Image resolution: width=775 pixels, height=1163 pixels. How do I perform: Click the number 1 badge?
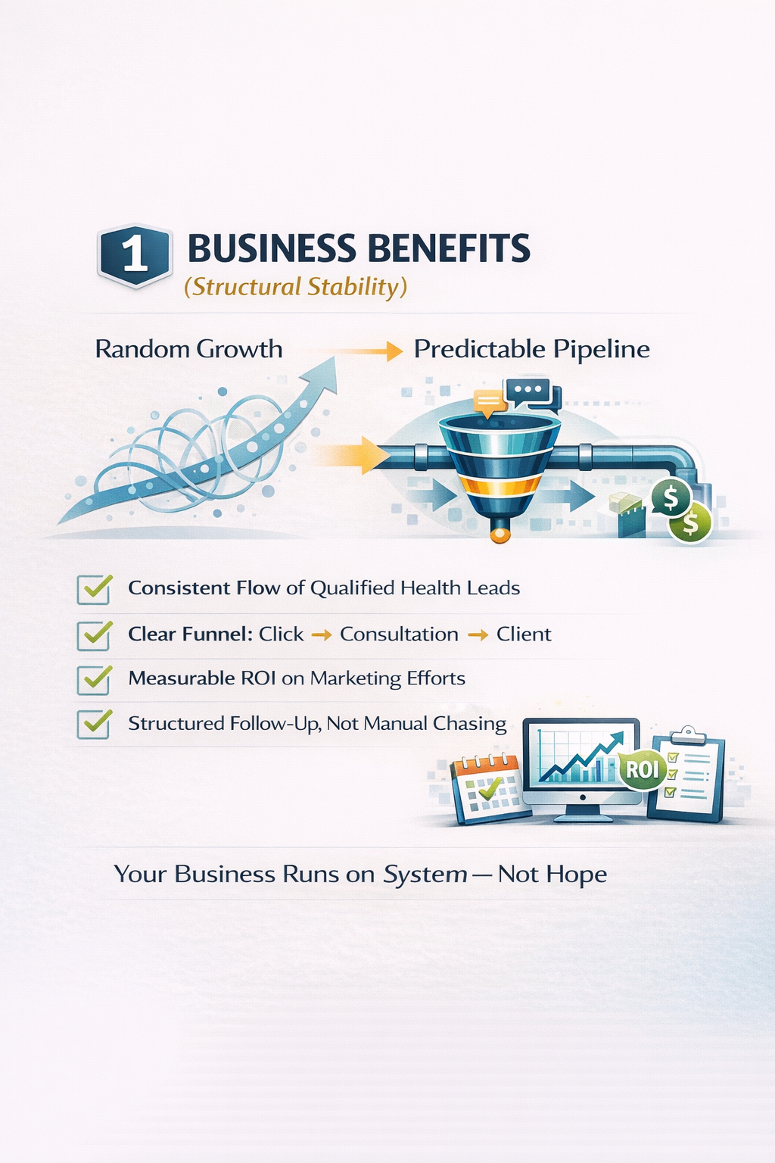coord(135,255)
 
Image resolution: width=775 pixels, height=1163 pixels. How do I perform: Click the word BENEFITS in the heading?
coord(449,249)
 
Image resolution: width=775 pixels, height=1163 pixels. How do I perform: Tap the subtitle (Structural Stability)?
coord(295,287)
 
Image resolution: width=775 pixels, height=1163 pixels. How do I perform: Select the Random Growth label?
coord(188,349)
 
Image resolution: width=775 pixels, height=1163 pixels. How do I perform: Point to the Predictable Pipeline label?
coord(531,349)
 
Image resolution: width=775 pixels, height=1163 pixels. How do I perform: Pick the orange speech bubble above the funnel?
coord(489,401)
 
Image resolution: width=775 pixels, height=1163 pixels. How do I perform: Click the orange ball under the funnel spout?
coord(499,535)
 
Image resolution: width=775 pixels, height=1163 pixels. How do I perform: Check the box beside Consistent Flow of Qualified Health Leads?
coord(94,589)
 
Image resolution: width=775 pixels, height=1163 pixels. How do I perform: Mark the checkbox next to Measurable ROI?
coord(94,679)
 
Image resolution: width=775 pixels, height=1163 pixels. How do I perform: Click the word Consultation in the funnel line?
coord(399,635)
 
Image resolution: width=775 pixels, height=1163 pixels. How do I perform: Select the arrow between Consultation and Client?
coord(478,635)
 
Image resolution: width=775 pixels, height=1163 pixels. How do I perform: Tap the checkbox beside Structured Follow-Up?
coord(94,724)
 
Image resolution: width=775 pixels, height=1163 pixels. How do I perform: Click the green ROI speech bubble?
coord(642,770)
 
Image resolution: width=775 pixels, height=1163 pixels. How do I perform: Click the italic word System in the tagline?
coord(425,875)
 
